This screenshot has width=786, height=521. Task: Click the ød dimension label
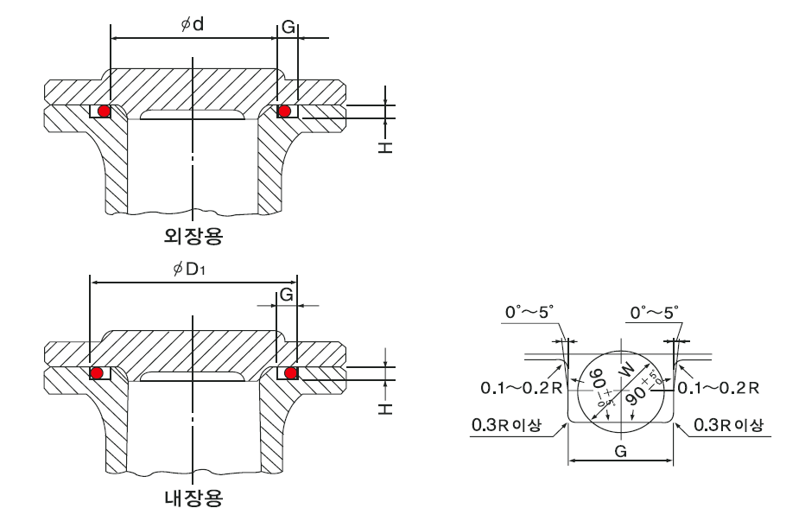tap(192, 24)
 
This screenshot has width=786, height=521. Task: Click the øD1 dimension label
tap(189, 270)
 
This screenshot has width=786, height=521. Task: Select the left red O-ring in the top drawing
tap(104, 111)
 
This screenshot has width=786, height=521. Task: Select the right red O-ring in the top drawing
tap(283, 111)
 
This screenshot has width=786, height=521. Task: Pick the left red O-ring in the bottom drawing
tap(98, 372)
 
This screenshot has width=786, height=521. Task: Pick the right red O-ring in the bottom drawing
tap(290, 372)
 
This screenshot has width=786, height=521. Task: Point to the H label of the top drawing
tap(385, 147)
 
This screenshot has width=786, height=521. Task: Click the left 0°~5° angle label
tap(530, 313)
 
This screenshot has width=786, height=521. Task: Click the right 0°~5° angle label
tap(655, 313)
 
